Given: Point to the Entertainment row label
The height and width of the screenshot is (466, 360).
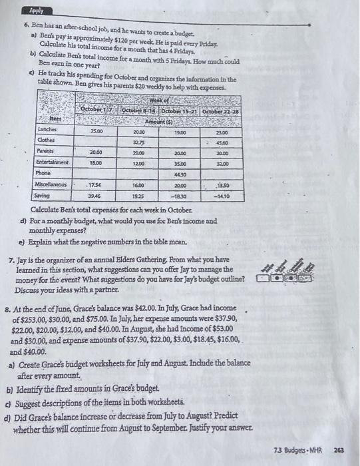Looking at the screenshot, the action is click(x=49, y=162).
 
